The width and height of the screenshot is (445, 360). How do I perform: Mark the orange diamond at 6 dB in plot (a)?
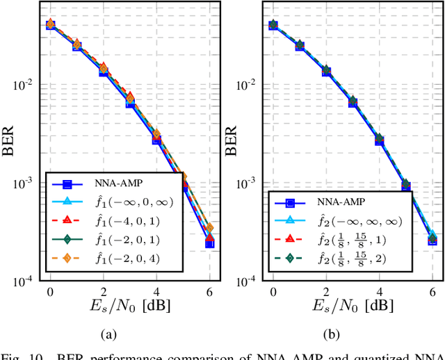[209, 229]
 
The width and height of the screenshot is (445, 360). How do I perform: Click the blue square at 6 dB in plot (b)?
[432, 240]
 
